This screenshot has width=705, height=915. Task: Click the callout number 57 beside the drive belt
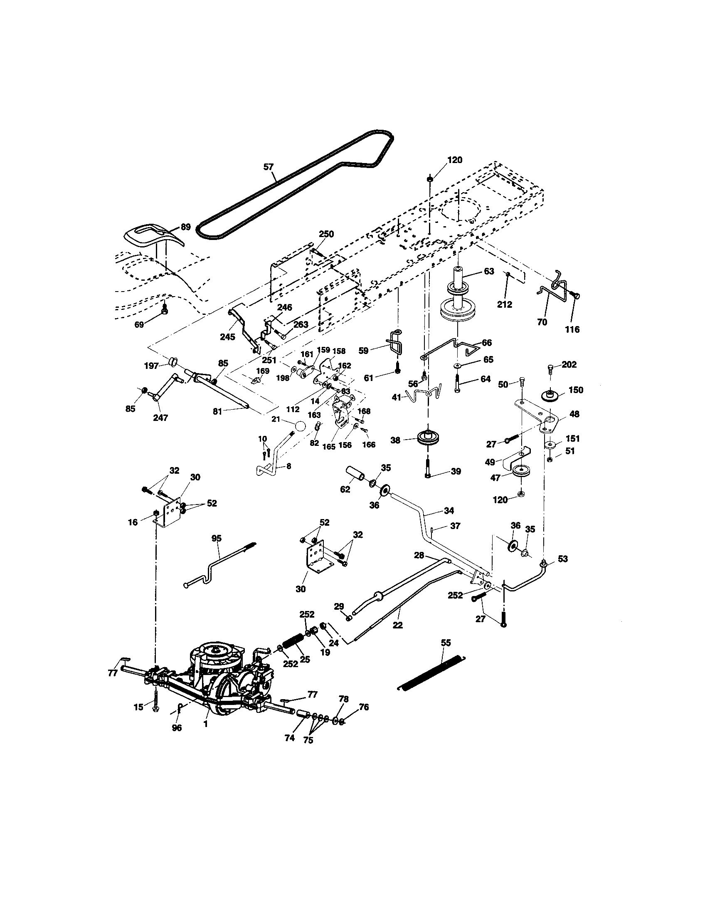coord(269,167)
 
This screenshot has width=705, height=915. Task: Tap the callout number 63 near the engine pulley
coord(489,271)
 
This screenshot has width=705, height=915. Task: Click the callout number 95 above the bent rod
coord(217,538)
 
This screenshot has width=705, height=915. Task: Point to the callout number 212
coord(505,304)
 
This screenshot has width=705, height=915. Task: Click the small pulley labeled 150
coord(549,395)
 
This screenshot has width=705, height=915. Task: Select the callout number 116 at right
coord(572,329)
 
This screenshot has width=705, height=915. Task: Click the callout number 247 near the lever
coord(160,418)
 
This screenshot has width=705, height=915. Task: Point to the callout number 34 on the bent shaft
coord(449,511)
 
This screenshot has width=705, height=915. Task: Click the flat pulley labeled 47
coord(520,471)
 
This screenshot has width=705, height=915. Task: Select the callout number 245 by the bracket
coord(228,337)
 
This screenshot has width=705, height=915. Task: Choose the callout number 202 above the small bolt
coord(569,364)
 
